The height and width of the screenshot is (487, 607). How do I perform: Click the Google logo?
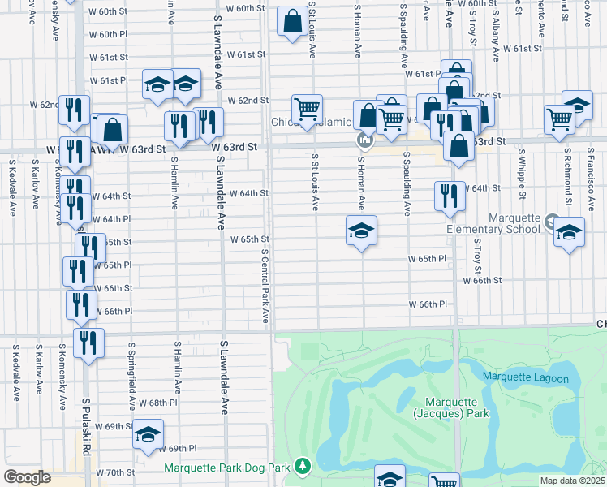pyautogui.click(x=26, y=477)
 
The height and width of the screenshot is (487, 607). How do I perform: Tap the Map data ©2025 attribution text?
pyautogui.click(x=572, y=481)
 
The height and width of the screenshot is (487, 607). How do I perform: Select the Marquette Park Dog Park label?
pyautogui.click(x=226, y=468)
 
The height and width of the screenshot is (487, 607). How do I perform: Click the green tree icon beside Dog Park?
pyautogui.click(x=302, y=465)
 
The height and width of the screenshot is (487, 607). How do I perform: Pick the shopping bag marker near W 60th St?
pyautogui.click(x=292, y=22)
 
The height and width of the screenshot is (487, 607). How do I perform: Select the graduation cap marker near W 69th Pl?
pyautogui.click(x=148, y=434)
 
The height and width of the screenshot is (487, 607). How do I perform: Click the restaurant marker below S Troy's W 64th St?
pyautogui.click(x=449, y=196)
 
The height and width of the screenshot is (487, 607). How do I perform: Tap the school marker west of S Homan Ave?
pyautogui.click(x=361, y=231)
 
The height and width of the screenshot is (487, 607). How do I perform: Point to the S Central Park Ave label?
pyautogui.click(x=265, y=284)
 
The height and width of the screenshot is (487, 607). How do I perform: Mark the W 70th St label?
pyautogui.click(x=115, y=472)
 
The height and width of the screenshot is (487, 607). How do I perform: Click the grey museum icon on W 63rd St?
pyautogui.click(x=364, y=141)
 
